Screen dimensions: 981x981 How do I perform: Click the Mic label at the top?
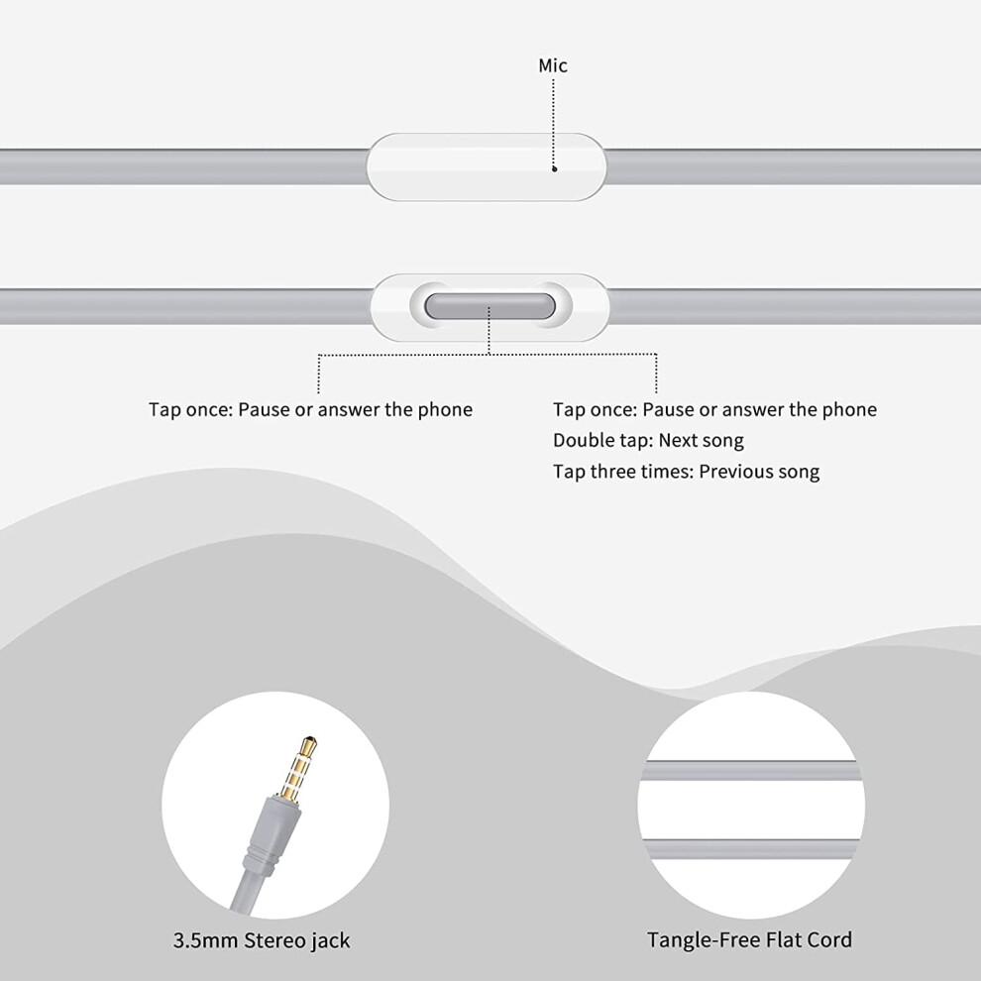tap(553, 65)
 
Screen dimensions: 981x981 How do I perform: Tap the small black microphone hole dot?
tap(554, 168)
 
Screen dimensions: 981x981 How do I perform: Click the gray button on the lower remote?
tap(490, 306)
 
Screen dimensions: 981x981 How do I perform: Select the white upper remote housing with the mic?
tap(487, 167)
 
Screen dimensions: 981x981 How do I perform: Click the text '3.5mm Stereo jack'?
tap(262, 940)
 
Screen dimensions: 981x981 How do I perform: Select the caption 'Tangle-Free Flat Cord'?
tap(749, 939)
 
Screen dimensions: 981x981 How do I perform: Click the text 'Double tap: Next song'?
tap(648, 440)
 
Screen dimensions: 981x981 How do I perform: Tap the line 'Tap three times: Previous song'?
tap(686, 472)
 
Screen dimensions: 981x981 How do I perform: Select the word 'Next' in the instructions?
tap(678, 440)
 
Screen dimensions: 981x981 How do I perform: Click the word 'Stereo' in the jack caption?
tap(272, 940)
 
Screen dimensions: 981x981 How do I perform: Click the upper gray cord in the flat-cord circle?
tap(751, 771)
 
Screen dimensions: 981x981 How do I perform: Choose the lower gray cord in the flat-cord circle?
tap(751, 848)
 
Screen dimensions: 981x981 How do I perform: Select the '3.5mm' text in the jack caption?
tap(205, 940)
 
